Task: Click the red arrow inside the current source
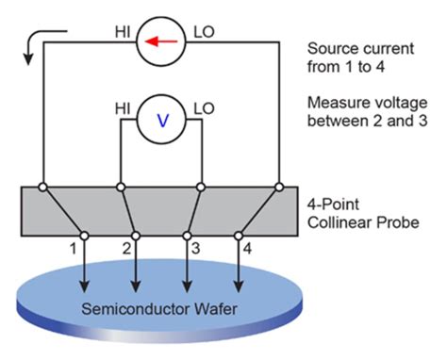161,42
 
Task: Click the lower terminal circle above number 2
137,235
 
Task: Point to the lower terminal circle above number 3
188,235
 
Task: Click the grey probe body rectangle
161,203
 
